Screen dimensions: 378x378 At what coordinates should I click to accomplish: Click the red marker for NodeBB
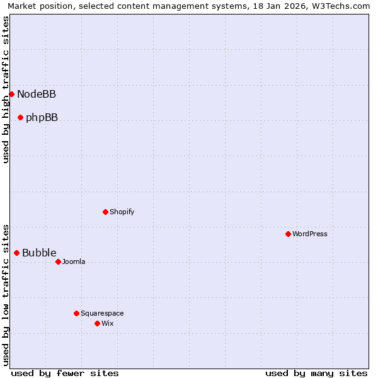click(x=11, y=94)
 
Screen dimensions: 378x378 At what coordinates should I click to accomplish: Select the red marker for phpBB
click(x=20, y=117)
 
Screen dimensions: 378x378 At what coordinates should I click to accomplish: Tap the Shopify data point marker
click(x=105, y=212)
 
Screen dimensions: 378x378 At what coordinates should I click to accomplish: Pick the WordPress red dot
click(x=288, y=234)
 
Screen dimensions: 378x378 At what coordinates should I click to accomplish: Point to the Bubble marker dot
click(x=16, y=253)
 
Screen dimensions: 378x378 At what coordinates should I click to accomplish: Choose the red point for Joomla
click(x=58, y=261)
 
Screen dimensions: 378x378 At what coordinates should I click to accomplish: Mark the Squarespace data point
click(x=76, y=313)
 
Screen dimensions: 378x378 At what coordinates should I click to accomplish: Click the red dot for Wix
click(x=97, y=323)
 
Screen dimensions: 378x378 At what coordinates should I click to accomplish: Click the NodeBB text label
click(x=37, y=94)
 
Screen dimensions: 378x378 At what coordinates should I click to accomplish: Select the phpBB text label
click(x=42, y=118)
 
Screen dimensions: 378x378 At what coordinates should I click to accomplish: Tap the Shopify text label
click(x=122, y=212)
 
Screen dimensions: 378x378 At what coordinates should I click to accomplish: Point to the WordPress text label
click(x=310, y=234)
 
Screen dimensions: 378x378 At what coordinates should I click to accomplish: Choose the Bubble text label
click(x=39, y=253)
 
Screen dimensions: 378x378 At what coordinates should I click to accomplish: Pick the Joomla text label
click(x=74, y=262)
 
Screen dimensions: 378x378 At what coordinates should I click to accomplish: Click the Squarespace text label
click(x=102, y=314)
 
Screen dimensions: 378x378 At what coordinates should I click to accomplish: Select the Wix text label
click(x=108, y=324)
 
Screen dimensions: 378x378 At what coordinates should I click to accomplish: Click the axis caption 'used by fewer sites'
click(x=65, y=374)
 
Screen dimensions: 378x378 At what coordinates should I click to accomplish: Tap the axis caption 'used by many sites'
click(x=316, y=374)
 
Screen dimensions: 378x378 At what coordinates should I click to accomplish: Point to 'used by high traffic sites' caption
click(x=6, y=89)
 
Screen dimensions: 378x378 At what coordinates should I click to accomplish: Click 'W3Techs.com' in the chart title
click(x=341, y=6)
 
